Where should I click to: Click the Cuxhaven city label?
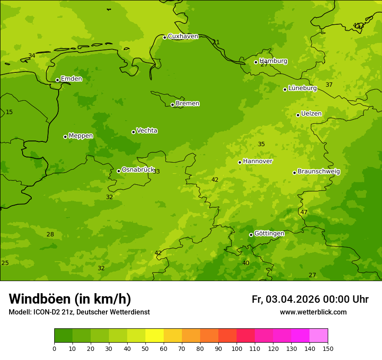pos(183,36)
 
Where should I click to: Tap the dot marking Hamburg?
pos(256,62)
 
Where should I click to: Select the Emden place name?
pos(71,79)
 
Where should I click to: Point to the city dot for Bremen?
pos(172,105)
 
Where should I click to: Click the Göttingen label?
pos(269,233)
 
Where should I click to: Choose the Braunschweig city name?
pos(319,171)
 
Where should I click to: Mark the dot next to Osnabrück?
pos(119,171)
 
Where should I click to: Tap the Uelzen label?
pos(311,114)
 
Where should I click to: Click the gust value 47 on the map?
pos(304,212)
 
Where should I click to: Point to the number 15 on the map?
pos(9,112)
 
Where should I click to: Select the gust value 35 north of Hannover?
pos(261,144)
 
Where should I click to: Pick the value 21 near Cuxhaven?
pos(216,42)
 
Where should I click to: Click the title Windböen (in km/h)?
pos(70,299)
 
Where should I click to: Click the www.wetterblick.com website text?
pos(313,312)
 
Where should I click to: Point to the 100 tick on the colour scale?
pos(237,348)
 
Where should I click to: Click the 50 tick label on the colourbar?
pos(145,348)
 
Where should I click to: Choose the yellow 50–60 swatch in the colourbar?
pos(155,335)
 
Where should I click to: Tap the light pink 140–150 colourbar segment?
pos(319,335)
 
